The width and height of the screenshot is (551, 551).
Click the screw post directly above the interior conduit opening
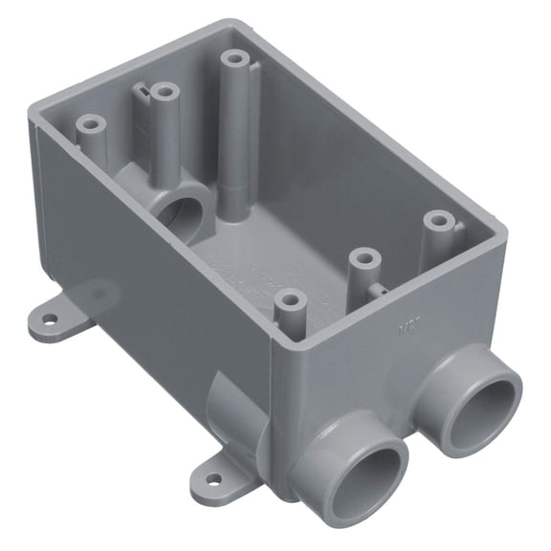pyautogui.click(x=165, y=94)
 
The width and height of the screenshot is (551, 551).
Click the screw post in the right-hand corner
pyautogui.click(x=438, y=222)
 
